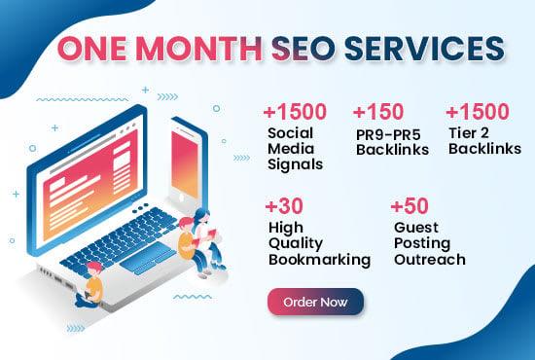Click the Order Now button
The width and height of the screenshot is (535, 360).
coord(315,303)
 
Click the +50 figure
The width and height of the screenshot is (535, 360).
coord(410,206)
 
